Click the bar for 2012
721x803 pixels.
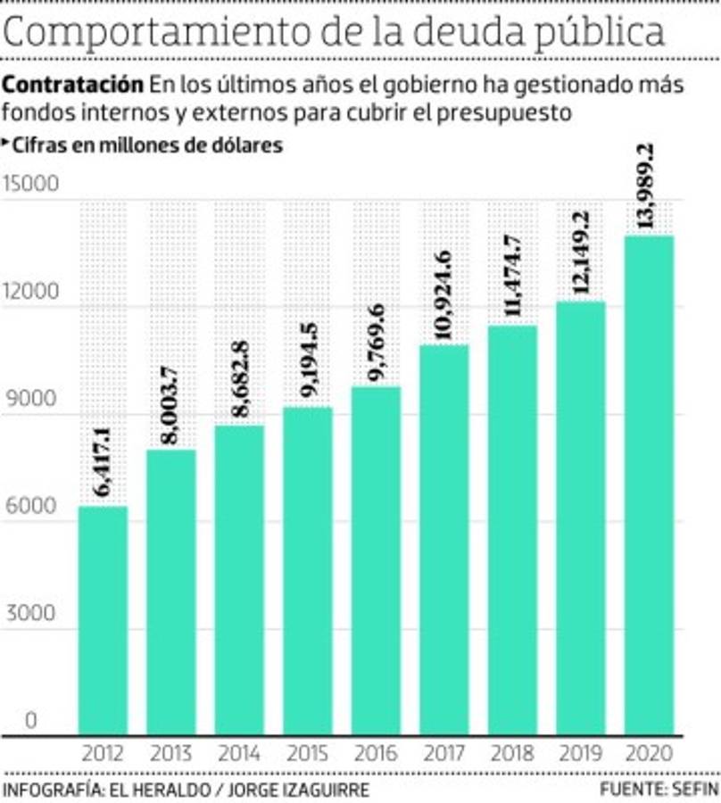coord(104,620)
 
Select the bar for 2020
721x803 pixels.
coord(648,486)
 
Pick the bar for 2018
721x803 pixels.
coord(512,530)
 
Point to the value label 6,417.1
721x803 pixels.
coord(104,463)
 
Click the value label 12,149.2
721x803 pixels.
coord(580,255)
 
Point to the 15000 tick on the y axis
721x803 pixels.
coord(30,185)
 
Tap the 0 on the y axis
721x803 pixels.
coord(30,721)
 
